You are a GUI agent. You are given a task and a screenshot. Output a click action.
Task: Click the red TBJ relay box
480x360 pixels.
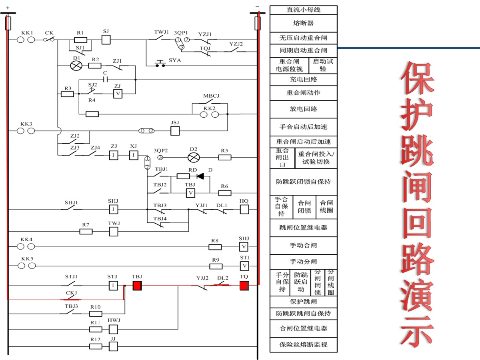(138, 286)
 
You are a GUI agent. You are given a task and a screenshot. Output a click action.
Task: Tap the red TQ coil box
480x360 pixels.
(244, 286)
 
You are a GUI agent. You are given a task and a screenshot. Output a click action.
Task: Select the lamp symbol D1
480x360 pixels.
(76, 66)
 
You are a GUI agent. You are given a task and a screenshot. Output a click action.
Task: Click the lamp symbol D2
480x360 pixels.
(194, 157)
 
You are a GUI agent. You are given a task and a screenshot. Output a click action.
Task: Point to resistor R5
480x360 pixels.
(225, 157)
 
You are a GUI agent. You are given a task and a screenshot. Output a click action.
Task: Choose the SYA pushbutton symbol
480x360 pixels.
(160, 64)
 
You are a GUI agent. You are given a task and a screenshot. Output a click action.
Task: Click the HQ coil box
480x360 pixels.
(244, 209)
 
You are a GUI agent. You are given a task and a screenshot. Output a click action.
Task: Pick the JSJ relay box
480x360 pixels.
(175, 131)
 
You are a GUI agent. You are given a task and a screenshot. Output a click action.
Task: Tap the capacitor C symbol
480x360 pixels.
(105, 79)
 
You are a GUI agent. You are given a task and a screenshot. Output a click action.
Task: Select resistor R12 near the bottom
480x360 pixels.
(96, 346)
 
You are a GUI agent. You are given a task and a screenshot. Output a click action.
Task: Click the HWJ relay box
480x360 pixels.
(114, 329)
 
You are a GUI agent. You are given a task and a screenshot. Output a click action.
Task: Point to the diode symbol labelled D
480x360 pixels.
(200, 176)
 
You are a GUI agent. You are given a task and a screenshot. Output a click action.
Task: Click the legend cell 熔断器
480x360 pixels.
(303, 24)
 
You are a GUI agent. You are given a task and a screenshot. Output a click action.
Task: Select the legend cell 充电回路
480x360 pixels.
(303, 80)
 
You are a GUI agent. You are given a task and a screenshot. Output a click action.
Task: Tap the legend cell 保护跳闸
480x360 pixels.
(303, 302)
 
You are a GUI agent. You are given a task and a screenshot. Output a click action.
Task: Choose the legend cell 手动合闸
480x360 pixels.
(303, 245)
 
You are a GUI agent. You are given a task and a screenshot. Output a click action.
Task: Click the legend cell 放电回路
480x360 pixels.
(303, 109)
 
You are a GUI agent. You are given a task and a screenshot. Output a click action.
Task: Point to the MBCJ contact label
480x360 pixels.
(211, 96)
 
